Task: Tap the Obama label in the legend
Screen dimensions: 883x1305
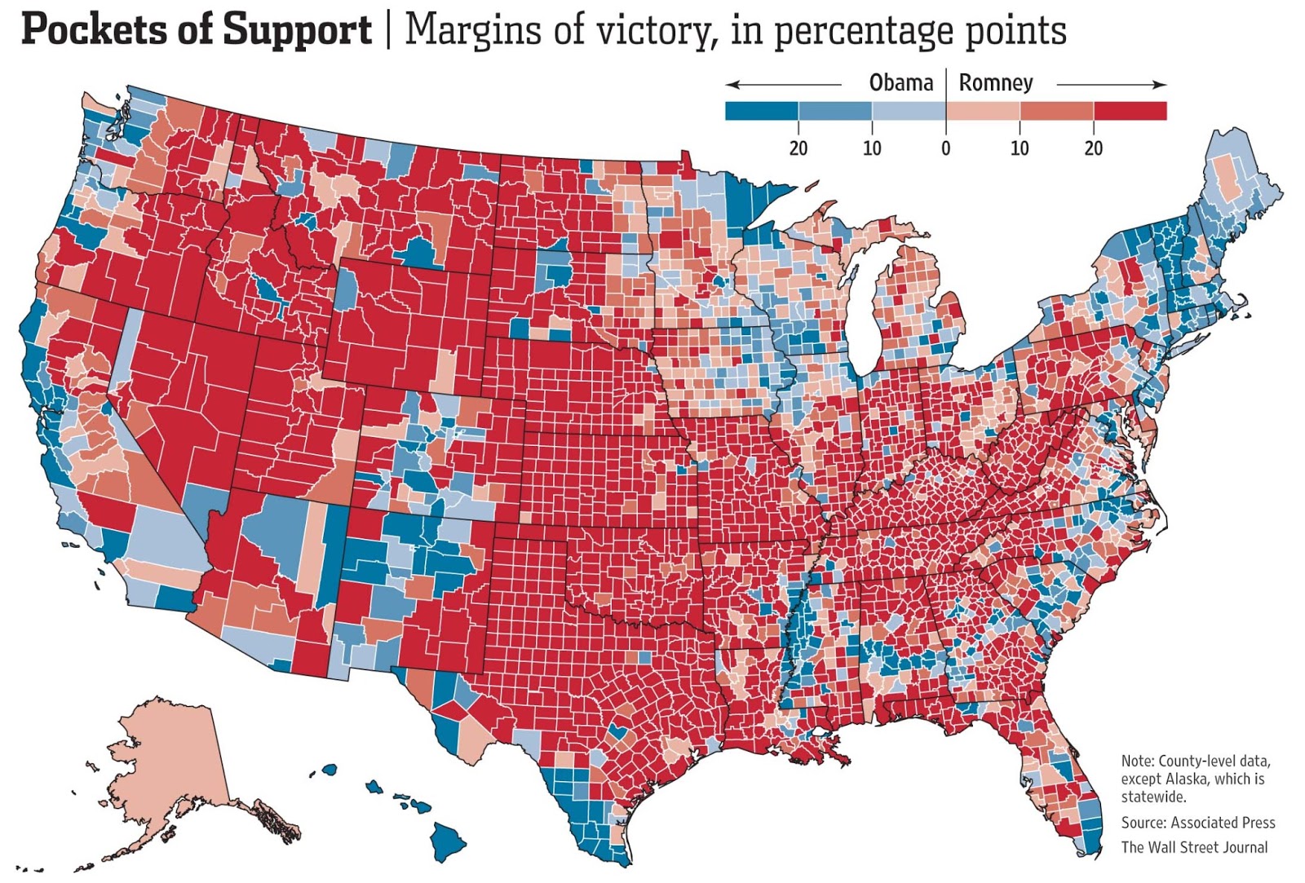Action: [900, 83]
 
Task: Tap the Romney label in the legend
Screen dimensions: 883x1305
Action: [995, 83]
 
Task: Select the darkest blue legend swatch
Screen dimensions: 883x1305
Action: [761, 111]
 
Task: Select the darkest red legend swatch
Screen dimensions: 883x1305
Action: [1130, 111]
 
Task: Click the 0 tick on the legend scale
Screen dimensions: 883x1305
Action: [945, 148]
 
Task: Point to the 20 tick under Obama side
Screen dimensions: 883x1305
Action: [798, 148]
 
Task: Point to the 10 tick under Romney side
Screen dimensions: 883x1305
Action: [1020, 148]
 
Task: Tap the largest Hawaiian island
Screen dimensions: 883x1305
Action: [447, 840]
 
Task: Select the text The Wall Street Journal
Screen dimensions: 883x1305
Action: [1194, 847]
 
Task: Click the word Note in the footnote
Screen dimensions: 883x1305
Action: [1136, 761]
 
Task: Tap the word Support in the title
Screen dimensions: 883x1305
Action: [297, 31]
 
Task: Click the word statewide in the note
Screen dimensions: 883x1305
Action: [1152, 797]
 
